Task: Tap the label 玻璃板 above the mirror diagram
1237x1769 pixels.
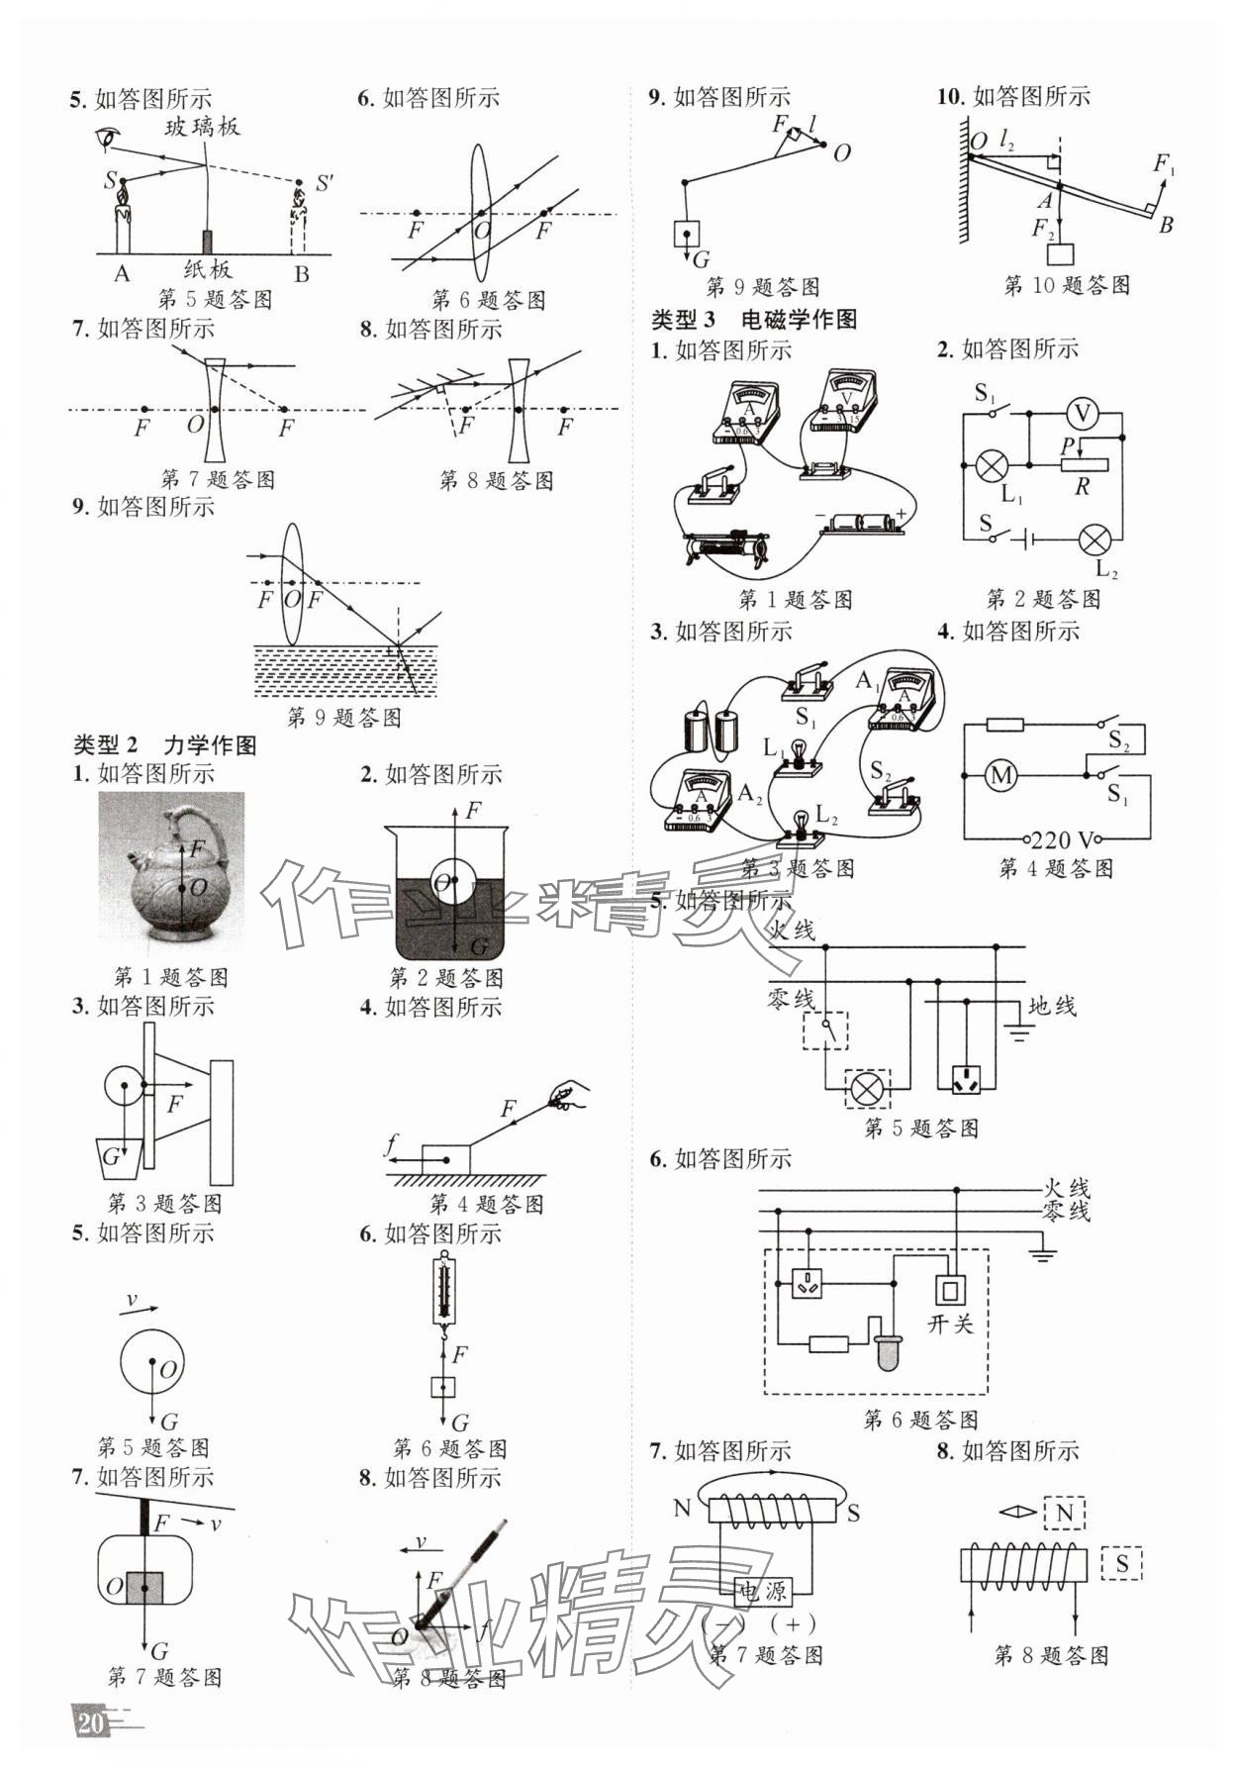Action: pyautogui.click(x=202, y=127)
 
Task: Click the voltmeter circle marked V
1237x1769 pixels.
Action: pyautogui.click(x=1082, y=414)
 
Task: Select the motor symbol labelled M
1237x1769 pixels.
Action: pyautogui.click(x=1000, y=775)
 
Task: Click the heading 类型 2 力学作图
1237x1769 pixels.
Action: pyautogui.click(x=165, y=745)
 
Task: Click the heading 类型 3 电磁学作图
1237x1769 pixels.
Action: pyautogui.click(x=753, y=320)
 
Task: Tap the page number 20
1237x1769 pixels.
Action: pyautogui.click(x=90, y=1723)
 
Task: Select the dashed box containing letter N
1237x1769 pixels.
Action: pyautogui.click(x=1065, y=1513)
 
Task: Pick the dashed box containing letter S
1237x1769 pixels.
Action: pyautogui.click(x=1121, y=1563)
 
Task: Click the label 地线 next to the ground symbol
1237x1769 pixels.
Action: pyautogui.click(x=1051, y=1007)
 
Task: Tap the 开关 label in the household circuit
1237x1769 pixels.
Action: pyautogui.click(x=950, y=1325)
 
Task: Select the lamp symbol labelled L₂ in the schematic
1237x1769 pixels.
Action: pyautogui.click(x=1094, y=540)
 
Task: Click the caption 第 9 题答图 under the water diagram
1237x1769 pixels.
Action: pyautogui.click(x=343, y=718)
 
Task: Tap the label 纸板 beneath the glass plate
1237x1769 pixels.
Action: pyautogui.click(x=208, y=269)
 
